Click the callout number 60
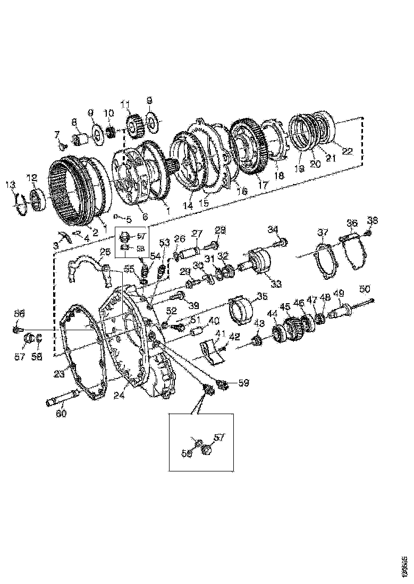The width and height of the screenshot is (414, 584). [62, 414]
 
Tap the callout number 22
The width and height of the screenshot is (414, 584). [347, 151]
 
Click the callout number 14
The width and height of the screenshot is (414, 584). [188, 204]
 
